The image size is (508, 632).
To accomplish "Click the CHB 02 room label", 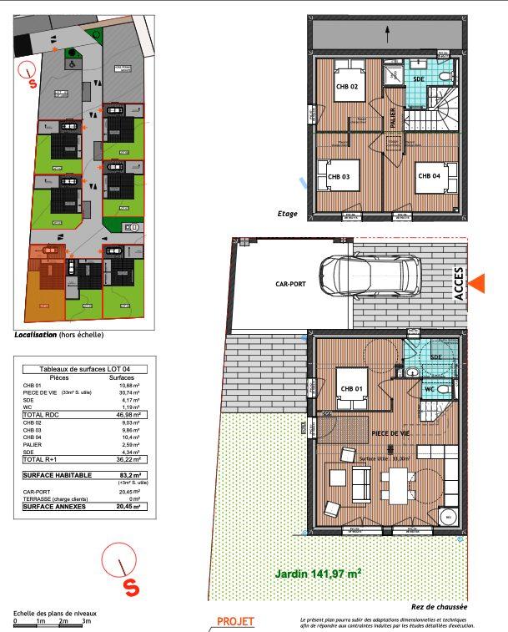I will [347, 87].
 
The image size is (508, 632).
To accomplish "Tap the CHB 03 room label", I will [338, 177].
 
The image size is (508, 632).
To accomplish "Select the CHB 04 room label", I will [429, 176].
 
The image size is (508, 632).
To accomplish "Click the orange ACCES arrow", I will [477, 284].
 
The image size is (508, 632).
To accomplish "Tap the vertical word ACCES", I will [459, 284].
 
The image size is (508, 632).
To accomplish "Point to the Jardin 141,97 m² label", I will [318, 574].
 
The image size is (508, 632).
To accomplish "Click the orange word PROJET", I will [235, 622].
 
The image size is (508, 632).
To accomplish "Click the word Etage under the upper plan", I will [287, 214].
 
